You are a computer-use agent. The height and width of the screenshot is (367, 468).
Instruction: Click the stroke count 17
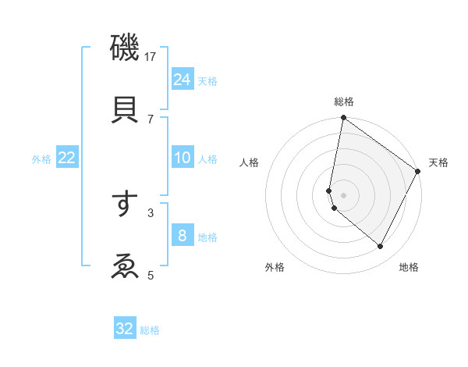pyautogui.click(x=151, y=57)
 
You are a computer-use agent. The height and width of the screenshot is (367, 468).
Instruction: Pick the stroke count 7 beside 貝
pyautogui.click(x=151, y=119)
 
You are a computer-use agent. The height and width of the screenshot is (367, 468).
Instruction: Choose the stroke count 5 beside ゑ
pyautogui.click(x=151, y=274)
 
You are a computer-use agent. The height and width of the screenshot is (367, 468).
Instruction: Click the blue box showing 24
pyautogui.click(x=183, y=79)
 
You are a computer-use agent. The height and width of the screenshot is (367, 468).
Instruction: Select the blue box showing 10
pyautogui.click(x=183, y=158)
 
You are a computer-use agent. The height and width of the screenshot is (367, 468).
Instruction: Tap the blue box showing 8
pyautogui.click(x=183, y=236)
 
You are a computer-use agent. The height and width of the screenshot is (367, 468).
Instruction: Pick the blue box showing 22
pyautogui.click(x=67, y=158)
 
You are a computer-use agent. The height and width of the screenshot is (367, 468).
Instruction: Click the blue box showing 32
pyautogui.click(x=125, y=329)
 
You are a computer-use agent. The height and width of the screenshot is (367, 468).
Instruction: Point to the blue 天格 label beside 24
pyautogui.click(x=207, y=80)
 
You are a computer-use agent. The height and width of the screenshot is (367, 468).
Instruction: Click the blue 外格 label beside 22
pyautogui.click(x=41, y=159)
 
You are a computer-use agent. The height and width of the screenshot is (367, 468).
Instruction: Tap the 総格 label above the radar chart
pyautogui.click(x=344, y=102)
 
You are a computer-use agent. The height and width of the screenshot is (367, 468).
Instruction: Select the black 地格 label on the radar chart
pyautogui.click(x=409, y=267)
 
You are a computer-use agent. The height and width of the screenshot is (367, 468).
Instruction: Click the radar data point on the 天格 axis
pyautogui.click(x=418, y=172)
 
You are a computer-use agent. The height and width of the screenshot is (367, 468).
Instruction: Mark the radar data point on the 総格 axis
pyautogui.click(x=343, y=119)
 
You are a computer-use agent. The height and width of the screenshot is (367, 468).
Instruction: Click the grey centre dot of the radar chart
pyautogui.click(x=343, y=194)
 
